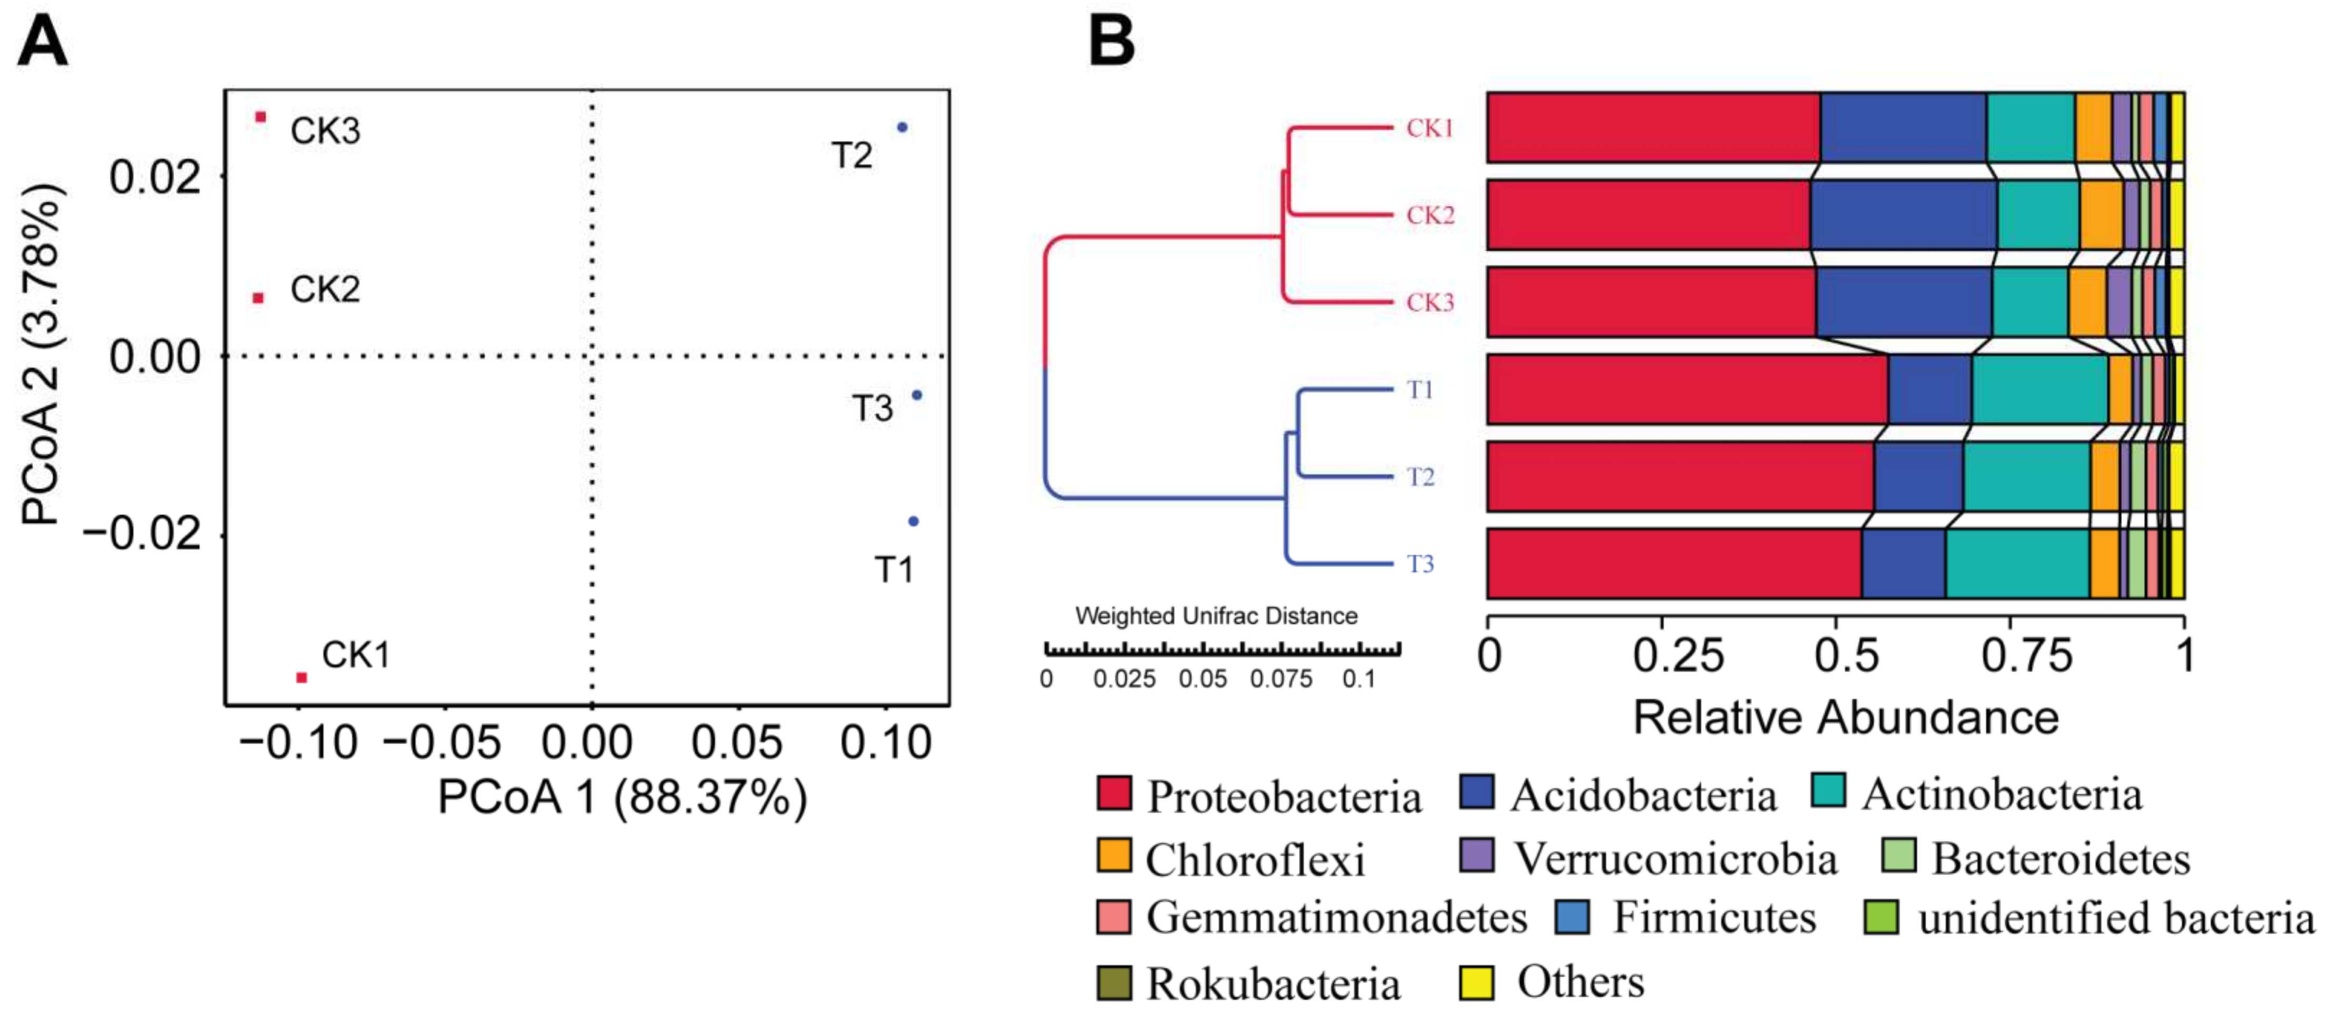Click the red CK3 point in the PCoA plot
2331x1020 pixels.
(x=261, y=117)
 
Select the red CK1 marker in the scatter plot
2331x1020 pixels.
(x=301, y=677)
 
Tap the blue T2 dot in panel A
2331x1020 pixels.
(x=901, y=128)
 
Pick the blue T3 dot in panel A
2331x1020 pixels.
(x=917, y=394)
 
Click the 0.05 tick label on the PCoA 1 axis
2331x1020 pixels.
(x=736, y=743)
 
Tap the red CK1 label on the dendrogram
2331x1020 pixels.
(x=1430, y=128)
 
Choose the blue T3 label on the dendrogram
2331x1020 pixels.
(x=1420, y=564)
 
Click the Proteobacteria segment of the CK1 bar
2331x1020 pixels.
(x=1652, y=128)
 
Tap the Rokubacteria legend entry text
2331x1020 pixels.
(x=1273, y=984)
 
